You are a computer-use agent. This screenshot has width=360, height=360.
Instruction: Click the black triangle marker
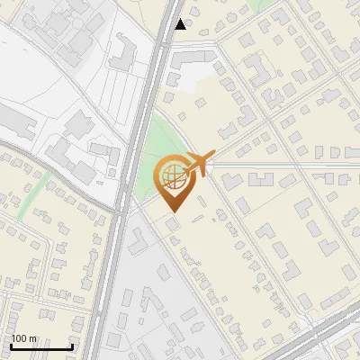181,24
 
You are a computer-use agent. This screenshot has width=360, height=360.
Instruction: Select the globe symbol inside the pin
172,176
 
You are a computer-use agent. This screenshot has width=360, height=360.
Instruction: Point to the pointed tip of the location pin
172,212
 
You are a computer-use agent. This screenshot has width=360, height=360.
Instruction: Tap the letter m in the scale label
32,339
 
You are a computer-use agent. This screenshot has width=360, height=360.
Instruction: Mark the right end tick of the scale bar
72,346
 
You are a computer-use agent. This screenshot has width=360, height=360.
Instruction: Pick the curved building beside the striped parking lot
121,54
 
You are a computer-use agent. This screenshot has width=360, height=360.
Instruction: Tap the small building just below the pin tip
171,222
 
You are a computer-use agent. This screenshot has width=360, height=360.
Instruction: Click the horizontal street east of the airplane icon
270,166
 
